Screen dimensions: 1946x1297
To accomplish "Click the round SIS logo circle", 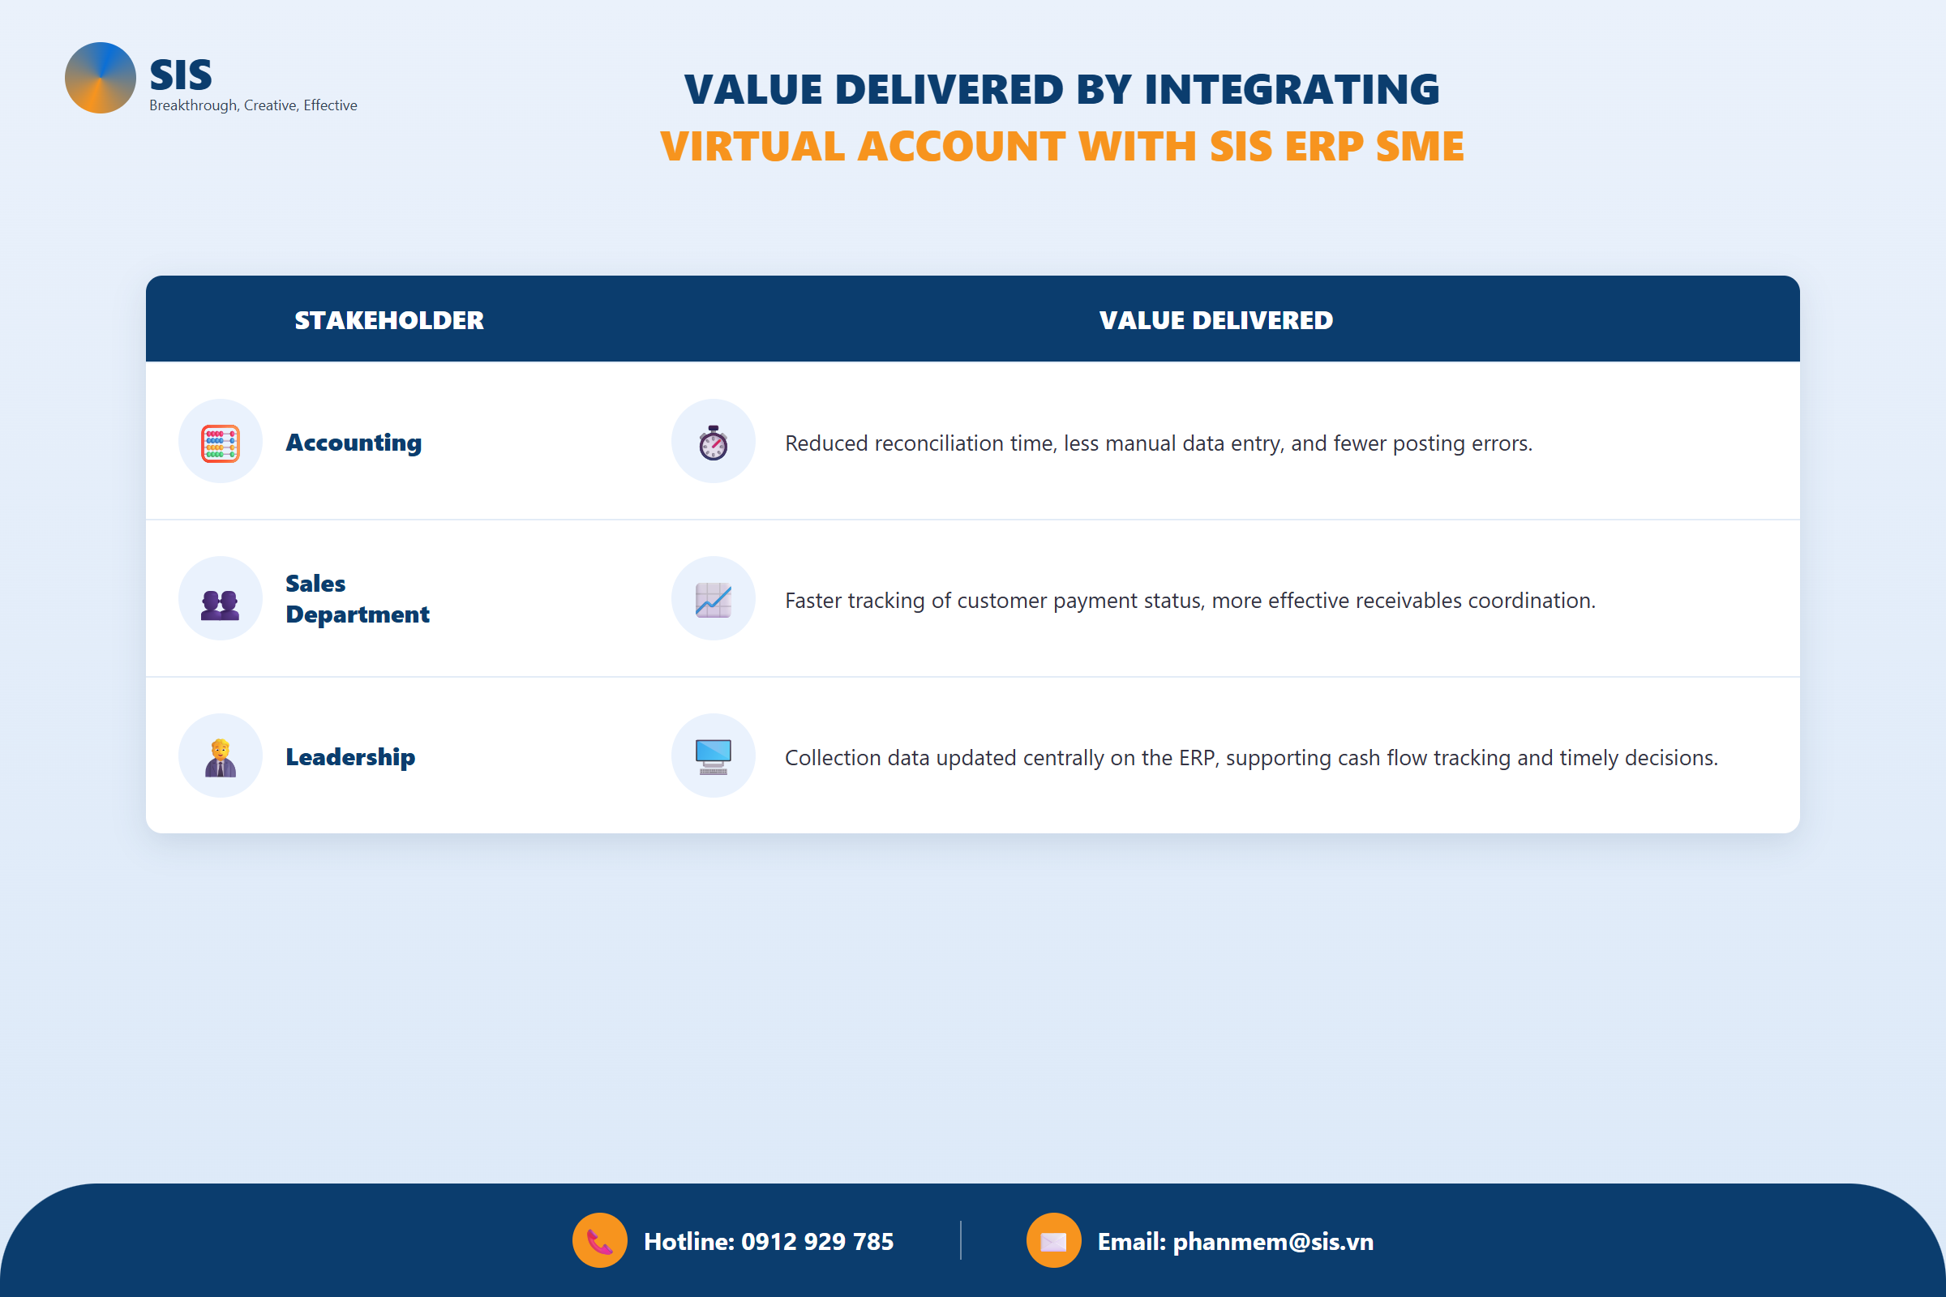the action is [100, 78].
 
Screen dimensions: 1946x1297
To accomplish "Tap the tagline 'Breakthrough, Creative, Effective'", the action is [253, 106].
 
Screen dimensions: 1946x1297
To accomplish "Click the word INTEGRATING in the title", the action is [1292, 89].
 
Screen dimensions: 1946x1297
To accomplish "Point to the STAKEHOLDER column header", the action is [389, 320].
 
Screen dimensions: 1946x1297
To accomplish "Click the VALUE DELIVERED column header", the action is [1215, 320].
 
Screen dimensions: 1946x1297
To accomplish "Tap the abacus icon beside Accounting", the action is [220, 443].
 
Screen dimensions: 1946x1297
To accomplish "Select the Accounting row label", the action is [354, 443].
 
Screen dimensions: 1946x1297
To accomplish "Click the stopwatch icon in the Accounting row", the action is [714, 443].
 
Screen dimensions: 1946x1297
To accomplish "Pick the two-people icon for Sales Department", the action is [220, 605].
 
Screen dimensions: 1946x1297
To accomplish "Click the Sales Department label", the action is [358, 599].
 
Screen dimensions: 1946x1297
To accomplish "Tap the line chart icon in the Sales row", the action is [714, 600].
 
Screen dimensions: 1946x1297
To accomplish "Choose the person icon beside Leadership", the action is [220, 758].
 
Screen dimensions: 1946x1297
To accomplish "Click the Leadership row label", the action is [350, 757].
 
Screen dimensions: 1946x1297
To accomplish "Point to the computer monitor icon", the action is [714, 756].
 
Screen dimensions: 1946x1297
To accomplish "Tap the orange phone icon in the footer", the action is [600, 1240].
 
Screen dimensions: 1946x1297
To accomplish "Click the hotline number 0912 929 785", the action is [817, 1241].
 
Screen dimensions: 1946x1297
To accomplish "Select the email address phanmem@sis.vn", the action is [1273, 1242].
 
